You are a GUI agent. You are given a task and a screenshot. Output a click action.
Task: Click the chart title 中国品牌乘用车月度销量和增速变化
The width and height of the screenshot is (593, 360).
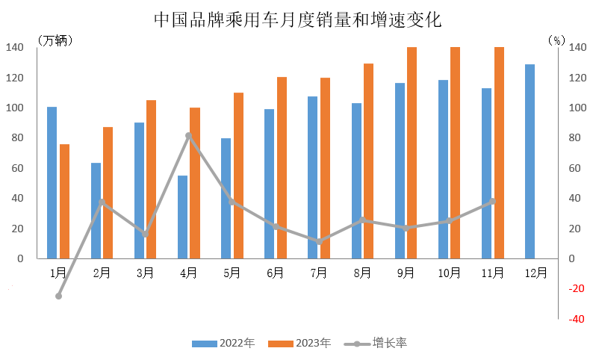coord(297,19)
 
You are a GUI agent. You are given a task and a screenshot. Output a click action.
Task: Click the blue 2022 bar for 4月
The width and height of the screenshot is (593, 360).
coord(182,217)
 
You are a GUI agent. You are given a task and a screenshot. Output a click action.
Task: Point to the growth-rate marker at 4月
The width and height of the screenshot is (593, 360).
coord(189,136)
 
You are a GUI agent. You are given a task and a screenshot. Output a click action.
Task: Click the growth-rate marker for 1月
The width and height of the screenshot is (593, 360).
coord(58,296)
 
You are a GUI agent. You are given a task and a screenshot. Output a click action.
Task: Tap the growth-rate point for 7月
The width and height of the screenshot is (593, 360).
coord(319,242)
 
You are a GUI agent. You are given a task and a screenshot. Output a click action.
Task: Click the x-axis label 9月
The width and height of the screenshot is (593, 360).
coord(406,273)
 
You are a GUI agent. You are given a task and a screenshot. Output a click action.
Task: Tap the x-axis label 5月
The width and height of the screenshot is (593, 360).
coord(232,273)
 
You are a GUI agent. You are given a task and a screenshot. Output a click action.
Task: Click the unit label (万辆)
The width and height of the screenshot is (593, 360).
coord(55,40)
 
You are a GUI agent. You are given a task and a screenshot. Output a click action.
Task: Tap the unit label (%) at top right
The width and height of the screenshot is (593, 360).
coord(556,40)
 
